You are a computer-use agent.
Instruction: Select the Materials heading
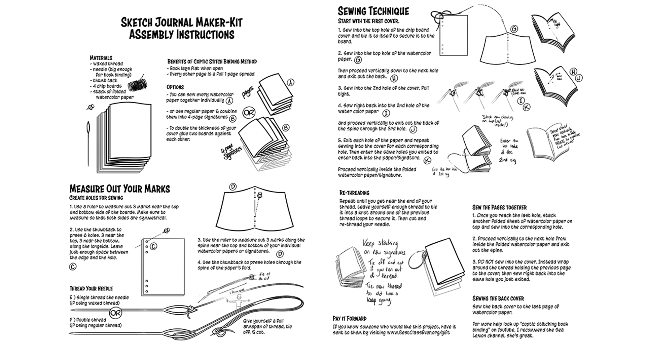point(101,58)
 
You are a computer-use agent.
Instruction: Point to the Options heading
point(175,87)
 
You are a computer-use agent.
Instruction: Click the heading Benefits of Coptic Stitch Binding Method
point(212,62)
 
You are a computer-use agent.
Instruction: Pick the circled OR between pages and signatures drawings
point(249,113)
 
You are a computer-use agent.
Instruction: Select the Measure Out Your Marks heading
point(119,189)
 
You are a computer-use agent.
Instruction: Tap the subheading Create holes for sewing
point(96,198)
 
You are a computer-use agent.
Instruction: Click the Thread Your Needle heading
point(91,289)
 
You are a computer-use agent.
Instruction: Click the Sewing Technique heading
point(373,11)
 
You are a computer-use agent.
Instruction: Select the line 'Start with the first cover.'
point(368,21)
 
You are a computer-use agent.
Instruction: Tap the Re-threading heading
point(354,193)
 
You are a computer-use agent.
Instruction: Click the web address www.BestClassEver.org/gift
point(418,332)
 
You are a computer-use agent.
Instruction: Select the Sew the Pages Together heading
point(499,207)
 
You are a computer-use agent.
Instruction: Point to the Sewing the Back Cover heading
point(498,298)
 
